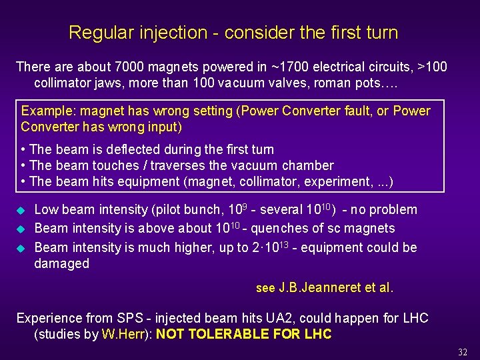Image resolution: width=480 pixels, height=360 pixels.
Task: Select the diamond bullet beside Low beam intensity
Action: coord(20,211)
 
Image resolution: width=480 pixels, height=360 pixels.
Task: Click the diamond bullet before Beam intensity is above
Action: coord(20,229)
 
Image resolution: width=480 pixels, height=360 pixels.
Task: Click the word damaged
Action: coord(61,263)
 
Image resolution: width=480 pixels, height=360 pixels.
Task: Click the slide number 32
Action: coord(463,351)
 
